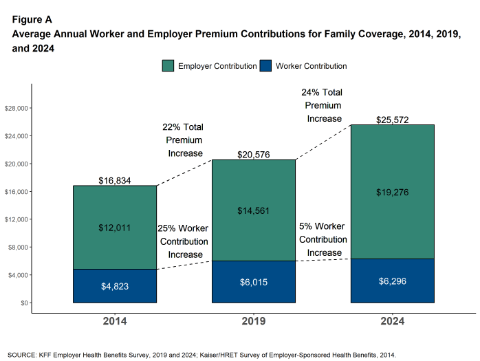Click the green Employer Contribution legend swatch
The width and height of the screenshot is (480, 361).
coord(168,66)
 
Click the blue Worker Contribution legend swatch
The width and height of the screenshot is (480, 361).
coord(266,66)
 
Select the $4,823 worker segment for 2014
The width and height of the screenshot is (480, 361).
coord(115,286)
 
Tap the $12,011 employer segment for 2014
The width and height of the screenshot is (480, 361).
coord(115,227)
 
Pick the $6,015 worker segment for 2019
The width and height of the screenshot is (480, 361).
coord(254,282)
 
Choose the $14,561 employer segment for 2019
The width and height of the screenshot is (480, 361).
coord(254,210)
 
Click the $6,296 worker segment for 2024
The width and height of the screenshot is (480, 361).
coord(393,281)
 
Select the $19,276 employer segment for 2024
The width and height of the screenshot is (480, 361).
coord(393,192)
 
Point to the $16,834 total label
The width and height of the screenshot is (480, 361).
coord(115,181)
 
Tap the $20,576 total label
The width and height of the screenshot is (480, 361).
coord(254,155)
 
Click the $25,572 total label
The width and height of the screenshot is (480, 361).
coord(393,120)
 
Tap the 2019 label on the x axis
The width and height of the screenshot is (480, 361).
coord(254,321)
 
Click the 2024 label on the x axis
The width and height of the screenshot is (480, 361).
coord(393,321)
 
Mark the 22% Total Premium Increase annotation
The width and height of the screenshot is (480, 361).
coord(183,140)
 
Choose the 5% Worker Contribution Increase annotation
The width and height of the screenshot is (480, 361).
coord(323,239)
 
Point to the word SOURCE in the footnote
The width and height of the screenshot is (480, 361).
coord(23,355)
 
